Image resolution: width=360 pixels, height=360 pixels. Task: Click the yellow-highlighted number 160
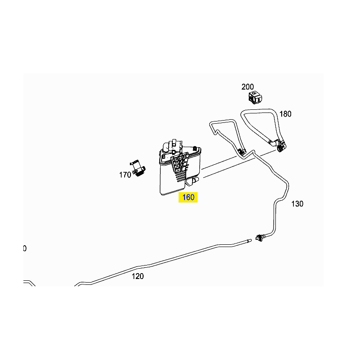click(188, 197)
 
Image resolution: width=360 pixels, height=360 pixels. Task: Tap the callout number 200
click(247, 87)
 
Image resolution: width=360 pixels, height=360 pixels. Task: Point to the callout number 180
click(285, 114)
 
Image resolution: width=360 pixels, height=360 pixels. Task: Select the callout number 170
click(125, 175)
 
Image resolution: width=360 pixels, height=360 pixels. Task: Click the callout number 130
click(297, 204)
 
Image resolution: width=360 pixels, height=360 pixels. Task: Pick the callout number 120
click(138, 276)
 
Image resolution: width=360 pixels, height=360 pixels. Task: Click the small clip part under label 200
click(255, 97)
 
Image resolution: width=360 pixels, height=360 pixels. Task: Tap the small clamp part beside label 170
click(138, 169)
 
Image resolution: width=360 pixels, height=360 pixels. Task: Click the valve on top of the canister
click(173, 147)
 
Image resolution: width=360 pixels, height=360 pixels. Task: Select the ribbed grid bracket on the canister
click(180, 166)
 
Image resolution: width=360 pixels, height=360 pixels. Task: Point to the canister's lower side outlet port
click(193, 181)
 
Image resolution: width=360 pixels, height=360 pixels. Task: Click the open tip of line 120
click(250, 240)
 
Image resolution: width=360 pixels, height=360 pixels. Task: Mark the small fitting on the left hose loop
click(241, 152)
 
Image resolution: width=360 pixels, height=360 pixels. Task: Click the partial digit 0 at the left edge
click(25, 248)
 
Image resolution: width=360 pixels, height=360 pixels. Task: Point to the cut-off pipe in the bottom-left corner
click(29, 283)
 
